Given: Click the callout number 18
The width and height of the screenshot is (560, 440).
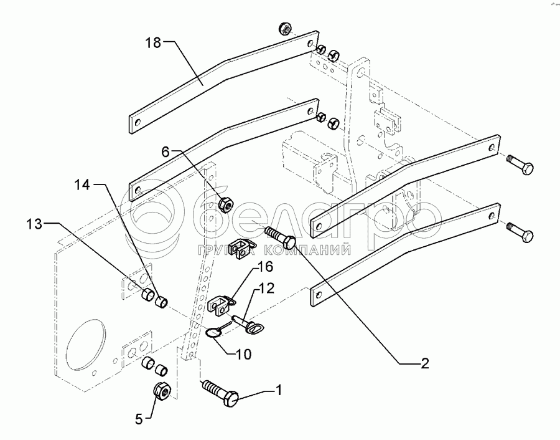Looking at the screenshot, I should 153,43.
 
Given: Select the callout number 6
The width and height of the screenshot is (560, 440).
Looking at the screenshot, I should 166,151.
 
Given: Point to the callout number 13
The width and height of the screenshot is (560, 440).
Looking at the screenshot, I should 35,223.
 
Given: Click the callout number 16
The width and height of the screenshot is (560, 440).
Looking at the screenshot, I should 266,268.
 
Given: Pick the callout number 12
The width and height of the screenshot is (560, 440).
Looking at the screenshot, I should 266,289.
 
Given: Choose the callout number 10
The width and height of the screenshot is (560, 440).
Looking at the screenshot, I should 243,354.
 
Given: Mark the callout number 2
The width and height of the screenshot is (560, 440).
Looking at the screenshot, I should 424,364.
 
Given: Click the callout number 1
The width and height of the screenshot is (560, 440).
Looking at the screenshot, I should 279,391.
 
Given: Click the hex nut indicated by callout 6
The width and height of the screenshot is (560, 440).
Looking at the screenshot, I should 226,203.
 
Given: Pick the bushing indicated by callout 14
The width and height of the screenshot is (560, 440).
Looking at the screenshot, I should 161,303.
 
